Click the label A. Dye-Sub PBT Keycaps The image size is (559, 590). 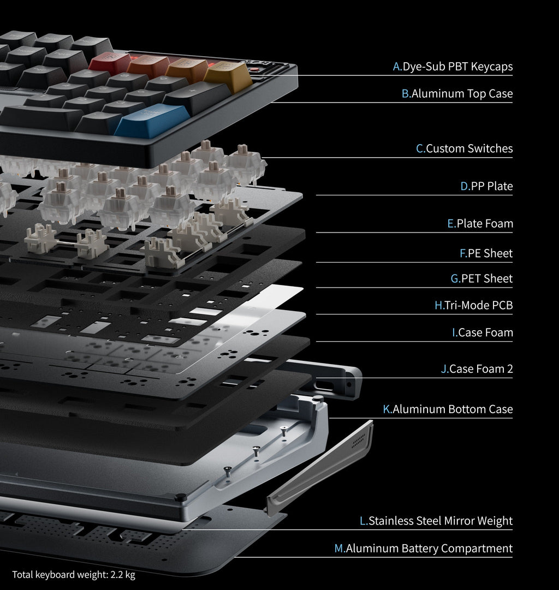[453, 67]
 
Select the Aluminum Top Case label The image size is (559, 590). [457, 93]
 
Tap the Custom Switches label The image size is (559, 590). [464, 148]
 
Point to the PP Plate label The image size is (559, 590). [486, 186]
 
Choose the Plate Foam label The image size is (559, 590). [480, 223]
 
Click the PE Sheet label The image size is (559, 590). [486, 253]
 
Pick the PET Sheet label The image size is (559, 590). [481, 278]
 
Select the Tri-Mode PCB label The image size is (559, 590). [473, 305]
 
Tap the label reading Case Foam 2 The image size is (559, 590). [477, 369]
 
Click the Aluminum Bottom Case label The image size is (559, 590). [448, 409]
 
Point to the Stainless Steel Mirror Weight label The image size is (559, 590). [436, 521]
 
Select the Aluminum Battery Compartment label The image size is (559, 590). [423, 548]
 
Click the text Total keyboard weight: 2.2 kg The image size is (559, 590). [74, 575]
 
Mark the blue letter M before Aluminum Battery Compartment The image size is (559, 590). [339, 548]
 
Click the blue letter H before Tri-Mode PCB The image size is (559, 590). [439, 305]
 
